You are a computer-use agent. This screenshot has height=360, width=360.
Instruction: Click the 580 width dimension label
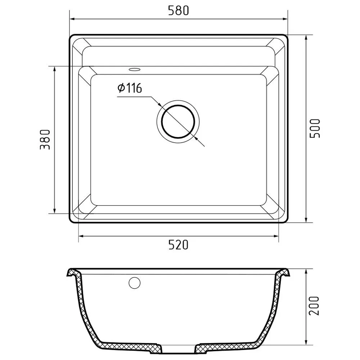[x=179, y=10]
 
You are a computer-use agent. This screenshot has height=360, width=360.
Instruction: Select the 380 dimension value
[x=45, y=140]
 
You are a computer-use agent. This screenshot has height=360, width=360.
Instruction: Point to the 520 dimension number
[x=179, y=245]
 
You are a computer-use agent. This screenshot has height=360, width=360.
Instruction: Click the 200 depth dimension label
[x=314, y=306]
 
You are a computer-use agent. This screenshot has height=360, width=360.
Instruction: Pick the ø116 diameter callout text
[x=130, y=88]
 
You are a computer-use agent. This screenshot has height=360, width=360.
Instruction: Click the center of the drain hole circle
[x=178, y=122]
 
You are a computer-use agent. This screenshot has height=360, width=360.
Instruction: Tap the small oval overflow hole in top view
[x=135, y=69]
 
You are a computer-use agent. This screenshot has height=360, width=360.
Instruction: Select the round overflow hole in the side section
[x=135, y=283]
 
